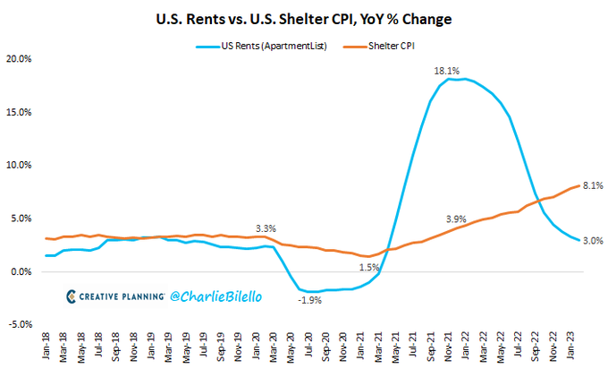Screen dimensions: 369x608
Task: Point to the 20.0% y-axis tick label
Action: tap(19, 59)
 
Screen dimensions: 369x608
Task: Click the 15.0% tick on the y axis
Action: tap(19, 112)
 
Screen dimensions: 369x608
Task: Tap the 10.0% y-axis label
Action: tap(19, 165)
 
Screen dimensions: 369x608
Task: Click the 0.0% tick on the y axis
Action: tap(21, 271)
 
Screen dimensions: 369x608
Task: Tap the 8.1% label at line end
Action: tap(592, 185)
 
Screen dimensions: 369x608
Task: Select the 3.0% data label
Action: tap(592, 240)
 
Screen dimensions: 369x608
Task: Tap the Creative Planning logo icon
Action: tap(72, 296)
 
